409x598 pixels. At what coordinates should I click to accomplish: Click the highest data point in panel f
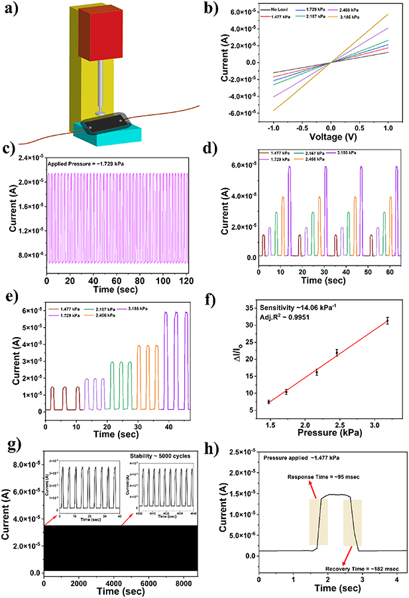coord(387,321)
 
